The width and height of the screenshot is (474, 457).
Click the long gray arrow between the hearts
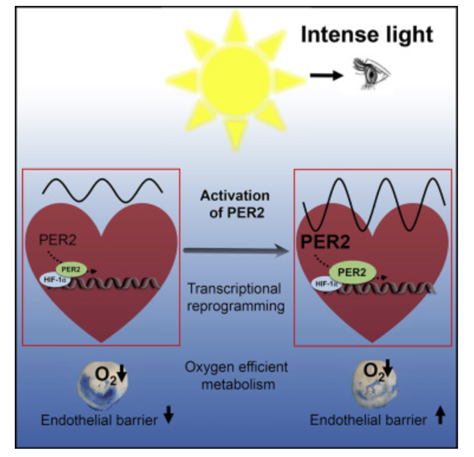coord(238,250)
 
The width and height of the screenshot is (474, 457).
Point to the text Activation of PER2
coord(235,204)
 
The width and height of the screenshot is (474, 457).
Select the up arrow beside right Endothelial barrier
coord(439,417)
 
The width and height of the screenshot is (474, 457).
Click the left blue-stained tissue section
coord(103,384)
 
